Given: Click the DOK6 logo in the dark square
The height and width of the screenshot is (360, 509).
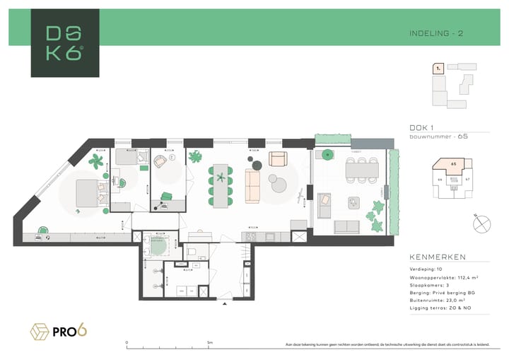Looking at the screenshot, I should (64, 43).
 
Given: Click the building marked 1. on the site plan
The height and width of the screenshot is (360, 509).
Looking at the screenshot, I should (439, 69).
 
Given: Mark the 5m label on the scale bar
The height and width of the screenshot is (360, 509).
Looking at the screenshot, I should (210, 342).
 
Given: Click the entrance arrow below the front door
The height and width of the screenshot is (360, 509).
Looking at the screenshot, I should (225, 305).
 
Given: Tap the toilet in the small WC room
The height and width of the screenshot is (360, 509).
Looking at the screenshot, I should (192, 252).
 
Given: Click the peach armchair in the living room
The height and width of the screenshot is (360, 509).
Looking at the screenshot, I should (278, 158).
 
